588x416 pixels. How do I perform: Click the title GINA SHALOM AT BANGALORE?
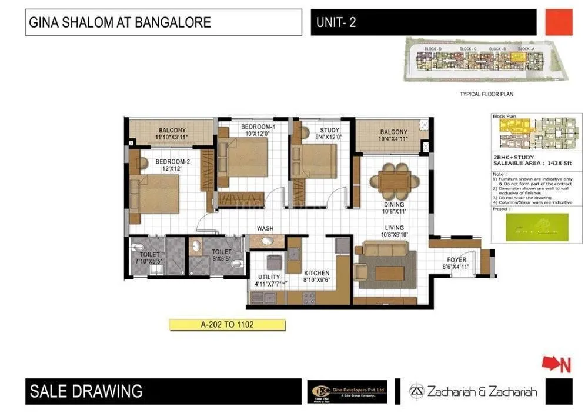pos(119,24)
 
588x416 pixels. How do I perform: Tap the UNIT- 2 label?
pos(336,24)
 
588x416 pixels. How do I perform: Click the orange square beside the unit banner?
pos(559,22)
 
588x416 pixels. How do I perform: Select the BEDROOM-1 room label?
pos(258,127)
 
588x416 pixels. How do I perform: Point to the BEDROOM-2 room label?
pos(173,161)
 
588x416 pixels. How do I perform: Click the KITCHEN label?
pos(316,273)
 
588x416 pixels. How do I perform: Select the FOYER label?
pos(456,259)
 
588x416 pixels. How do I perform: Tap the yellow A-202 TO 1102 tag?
pos(227,324)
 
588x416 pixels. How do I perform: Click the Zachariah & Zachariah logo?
pos(473,391)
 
